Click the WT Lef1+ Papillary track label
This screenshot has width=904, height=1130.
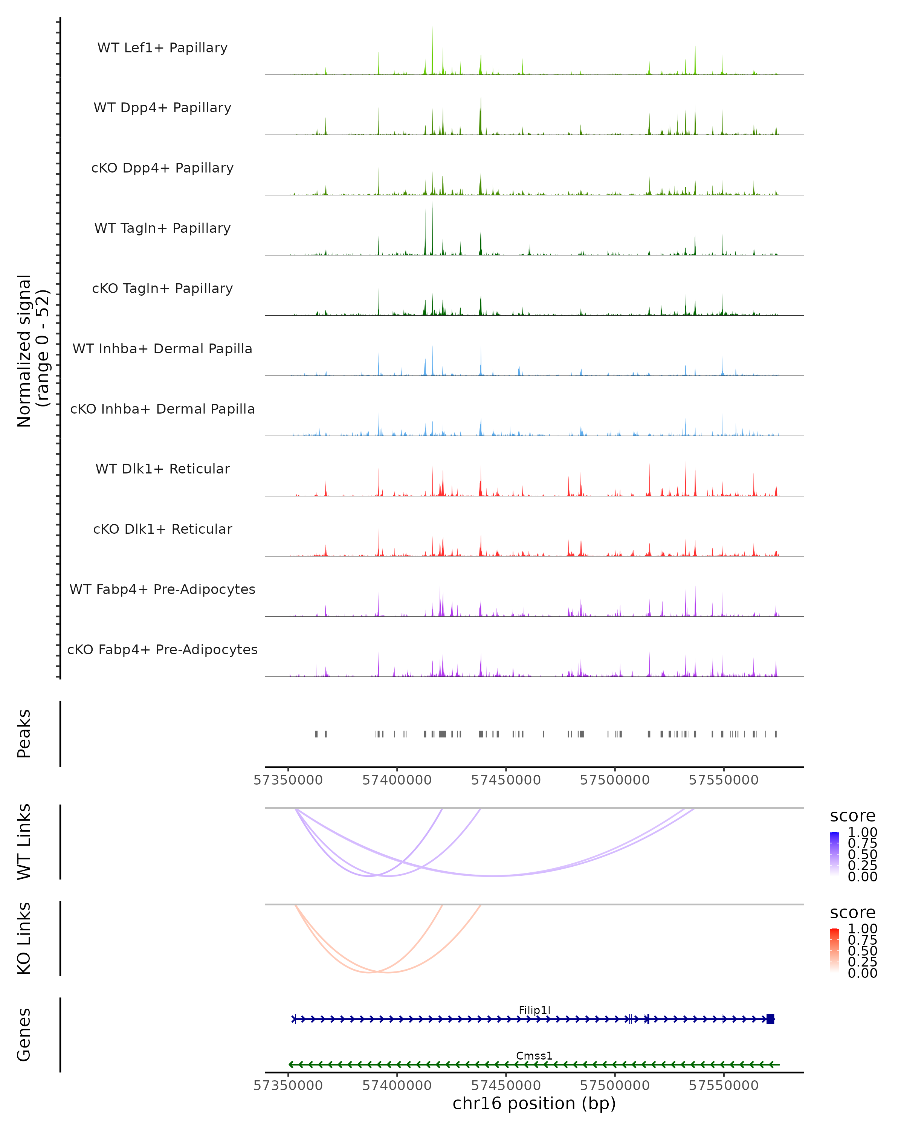[x=162, y=48]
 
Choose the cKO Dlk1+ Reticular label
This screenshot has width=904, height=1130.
[x=162, y=529]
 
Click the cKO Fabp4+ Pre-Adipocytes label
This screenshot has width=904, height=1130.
[x=162, y=649]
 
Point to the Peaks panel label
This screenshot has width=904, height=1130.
[x=24, y=734]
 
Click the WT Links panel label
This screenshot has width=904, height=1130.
[x=24, y=842]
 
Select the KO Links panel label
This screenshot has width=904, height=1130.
[x=24, y=938]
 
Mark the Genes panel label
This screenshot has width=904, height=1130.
[x=24, y=1035]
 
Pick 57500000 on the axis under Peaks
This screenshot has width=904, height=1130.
[x=615, y=780]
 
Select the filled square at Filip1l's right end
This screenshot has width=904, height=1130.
[x=770, y=1019]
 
